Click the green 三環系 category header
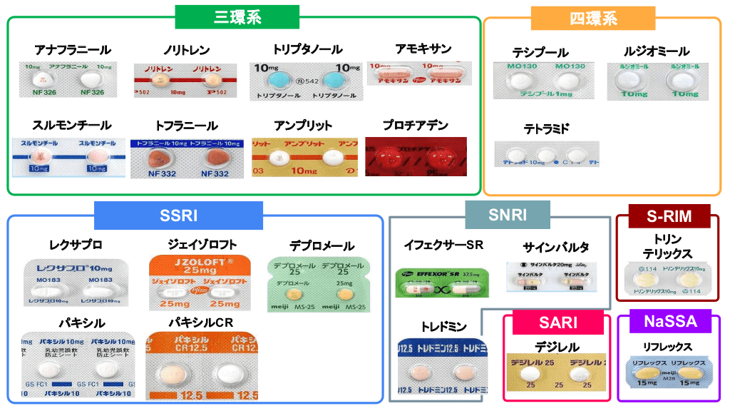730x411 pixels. (x=237, y=17)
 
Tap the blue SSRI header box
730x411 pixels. (x=179, y=215)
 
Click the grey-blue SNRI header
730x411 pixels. (x=508, y=214)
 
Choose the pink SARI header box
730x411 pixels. (x=558, y=322)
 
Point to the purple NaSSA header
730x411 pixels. (x=670, y=322)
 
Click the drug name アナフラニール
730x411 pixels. (x=72, y=50)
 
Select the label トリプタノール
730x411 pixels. (x=307, y=50)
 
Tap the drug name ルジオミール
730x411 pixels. (x=657, y=51)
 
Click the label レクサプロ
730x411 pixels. (x=76, y=245)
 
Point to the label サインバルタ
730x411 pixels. (x=556, y=248)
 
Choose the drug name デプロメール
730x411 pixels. (x=322, y=246)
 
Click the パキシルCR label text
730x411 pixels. (x=201, y=323)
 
